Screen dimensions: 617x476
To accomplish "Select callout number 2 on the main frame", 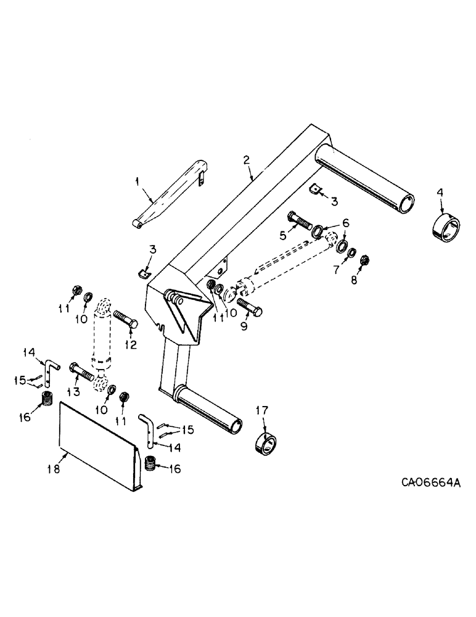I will click(247, 160).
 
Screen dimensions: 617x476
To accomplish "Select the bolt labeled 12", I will click(125, 321).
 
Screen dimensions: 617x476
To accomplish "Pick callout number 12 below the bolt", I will click(131, 345).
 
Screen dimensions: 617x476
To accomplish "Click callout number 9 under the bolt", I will click(244, 326).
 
